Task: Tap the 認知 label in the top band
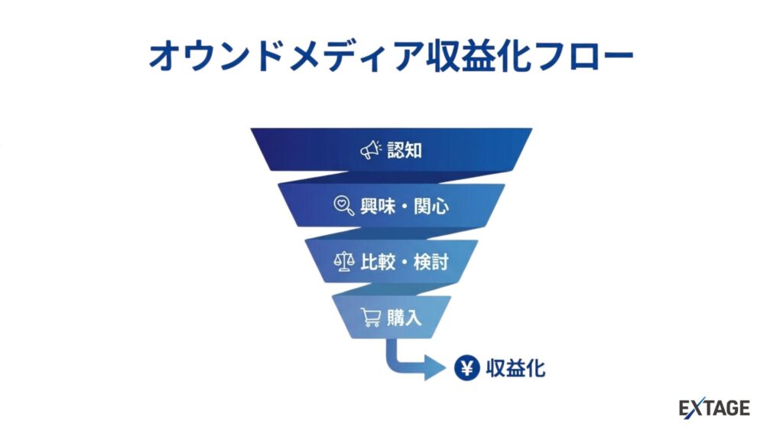pyautogui.click(x=404, y=150)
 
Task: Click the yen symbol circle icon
pyautogui.click(x=466, y=368)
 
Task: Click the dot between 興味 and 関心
pyautogui.click(x=404, y=207)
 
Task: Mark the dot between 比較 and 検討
pyautogui.click(x=404, y=263)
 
